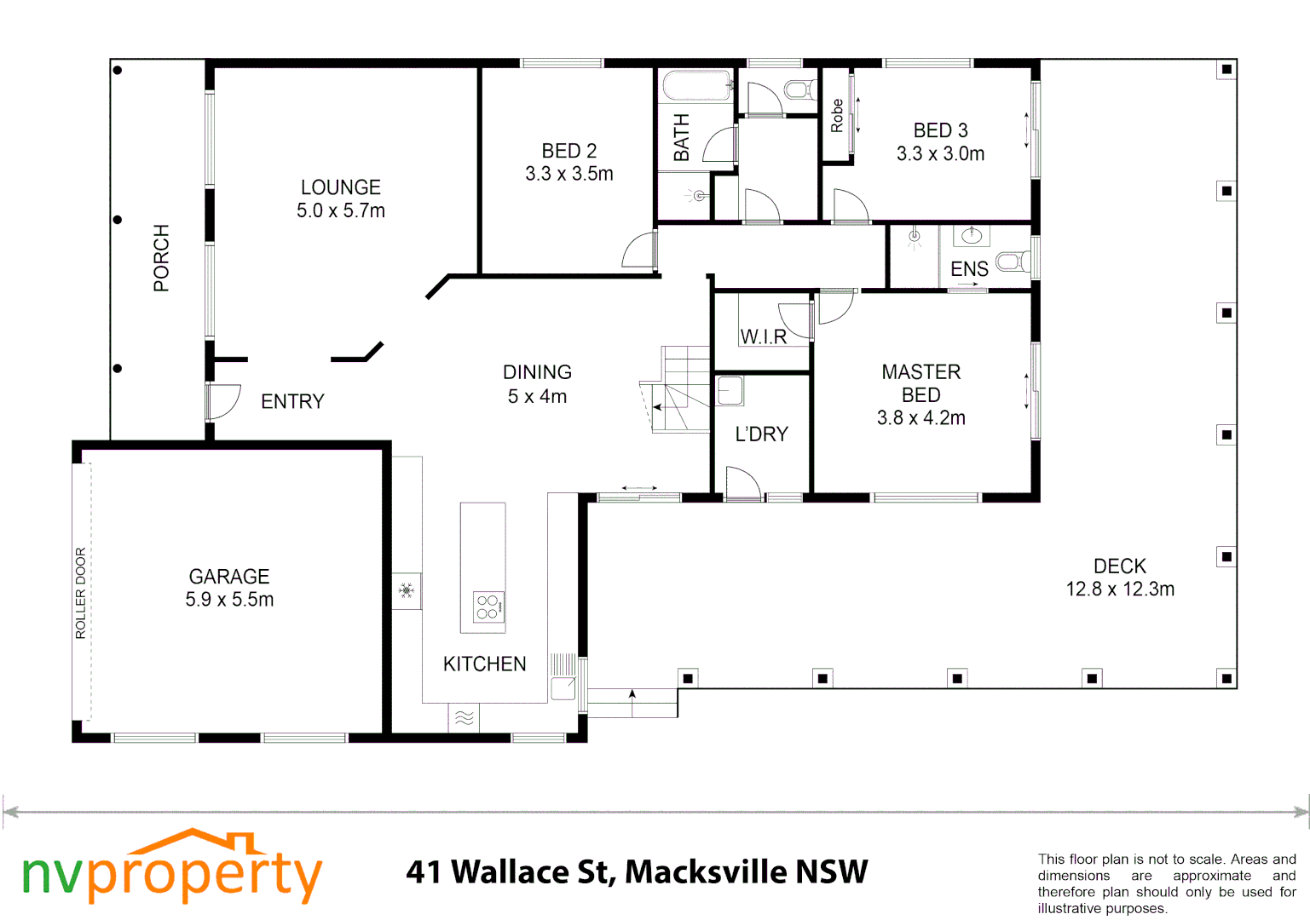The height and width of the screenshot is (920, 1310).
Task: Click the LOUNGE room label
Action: [x=340, y=187]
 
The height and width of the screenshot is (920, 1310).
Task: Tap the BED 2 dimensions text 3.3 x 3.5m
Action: [x=568, y=174]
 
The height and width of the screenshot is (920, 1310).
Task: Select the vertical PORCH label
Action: [x=161, y=258]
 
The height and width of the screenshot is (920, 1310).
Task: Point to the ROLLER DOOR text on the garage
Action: [x=81, y=593]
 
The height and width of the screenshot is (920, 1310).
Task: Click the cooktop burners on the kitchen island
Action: [x=488, y=607]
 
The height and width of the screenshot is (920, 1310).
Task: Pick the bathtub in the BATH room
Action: [x=696, y=86]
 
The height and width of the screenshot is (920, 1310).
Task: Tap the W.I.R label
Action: [x=763, y=336]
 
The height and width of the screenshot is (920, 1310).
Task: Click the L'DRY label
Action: [x=761, y=434]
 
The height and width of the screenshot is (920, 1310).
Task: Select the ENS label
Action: [x=969, y=269]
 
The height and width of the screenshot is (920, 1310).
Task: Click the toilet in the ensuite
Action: [x=1011, y=261]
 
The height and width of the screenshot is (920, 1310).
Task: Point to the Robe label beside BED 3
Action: [x=837, y=115]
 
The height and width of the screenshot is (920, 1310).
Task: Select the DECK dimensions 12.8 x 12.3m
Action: [x=1119, y=589]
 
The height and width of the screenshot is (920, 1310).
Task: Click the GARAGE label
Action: [x=229, y=577]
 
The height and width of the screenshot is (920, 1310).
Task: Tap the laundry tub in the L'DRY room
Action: [x=730, y=391]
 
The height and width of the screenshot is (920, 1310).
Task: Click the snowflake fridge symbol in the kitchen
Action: [x=407, y=590]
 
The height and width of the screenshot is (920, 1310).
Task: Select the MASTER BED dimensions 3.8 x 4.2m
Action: [x=920, y=418]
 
